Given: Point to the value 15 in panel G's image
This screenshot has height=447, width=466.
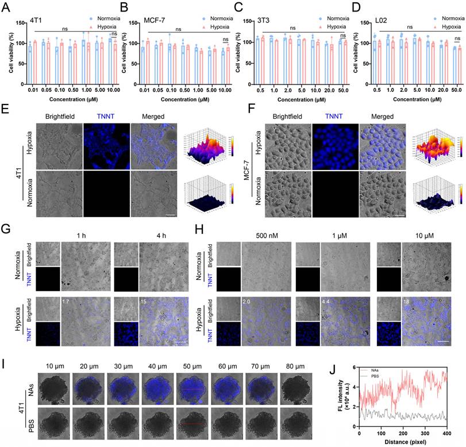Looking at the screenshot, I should tap(144, 300).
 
